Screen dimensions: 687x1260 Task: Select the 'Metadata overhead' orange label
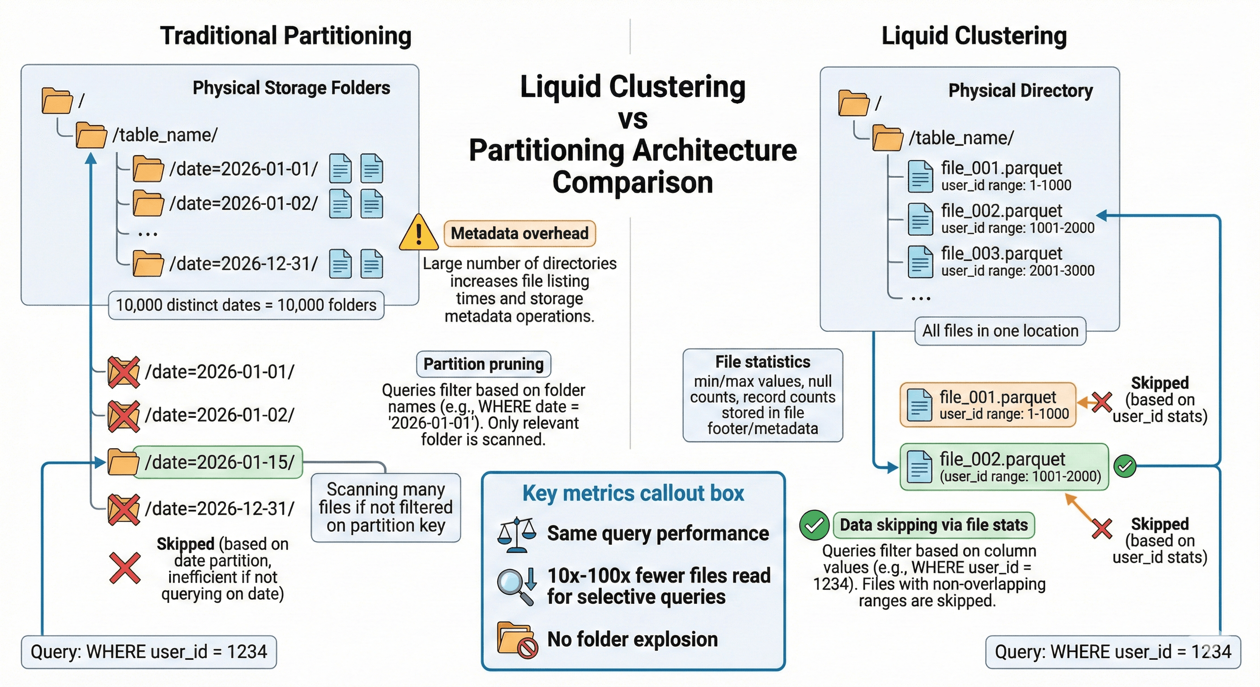pyautogui.click(x=519, y=233)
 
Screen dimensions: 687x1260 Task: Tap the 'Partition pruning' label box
pyautogui.click(x=483, y=364)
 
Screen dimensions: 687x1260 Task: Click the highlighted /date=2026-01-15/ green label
pyautogui.click(x=219, y=462)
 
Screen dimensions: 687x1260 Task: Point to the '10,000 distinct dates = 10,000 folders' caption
pyautogui.click(x=246, y=305)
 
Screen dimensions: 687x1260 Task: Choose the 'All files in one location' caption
pyautogui.click(x=1000, y=331)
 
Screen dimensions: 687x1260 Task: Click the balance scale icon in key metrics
pyautogui.click(x=516, y=534)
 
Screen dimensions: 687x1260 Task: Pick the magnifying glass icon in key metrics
pyautogui.click(x=515, y=586)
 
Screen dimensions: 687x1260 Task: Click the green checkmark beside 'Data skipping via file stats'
pyautogui.click(x=813, y=525)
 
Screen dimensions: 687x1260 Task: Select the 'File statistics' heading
pyautogui.click(x=762, y=362)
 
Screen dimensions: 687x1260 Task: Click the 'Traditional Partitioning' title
pyautogui.click(x=285, y=36)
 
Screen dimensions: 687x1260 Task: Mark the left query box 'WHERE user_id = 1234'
pyautogui.click(x=149, y=652)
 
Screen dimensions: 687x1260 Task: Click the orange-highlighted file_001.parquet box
pyautogui.click(x=988, y=405)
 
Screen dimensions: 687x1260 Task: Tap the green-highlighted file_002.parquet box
pyautogui.click(x=1004, y=466)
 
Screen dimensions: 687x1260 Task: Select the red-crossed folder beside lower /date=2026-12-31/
pyautogui.click(x=124, y=509)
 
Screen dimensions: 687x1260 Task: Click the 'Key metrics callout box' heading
pyautogui.click(x=633, y=493)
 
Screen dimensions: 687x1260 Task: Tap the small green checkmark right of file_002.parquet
pyautogui.click(x=1124, y=466)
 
